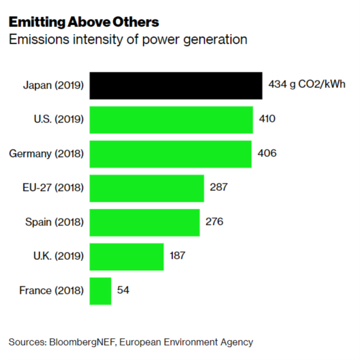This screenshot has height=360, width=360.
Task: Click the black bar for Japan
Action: click(175, 86)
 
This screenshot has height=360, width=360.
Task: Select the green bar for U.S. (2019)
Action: click(171, 120)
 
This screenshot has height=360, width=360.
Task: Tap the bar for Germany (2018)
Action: click(170, 154)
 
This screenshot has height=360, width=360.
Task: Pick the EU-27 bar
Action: click(147, 188)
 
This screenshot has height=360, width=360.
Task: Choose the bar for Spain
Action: click(144, 222)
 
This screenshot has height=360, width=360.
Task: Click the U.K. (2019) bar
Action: click(127, 256)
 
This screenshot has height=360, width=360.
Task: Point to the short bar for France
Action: click(100, 290)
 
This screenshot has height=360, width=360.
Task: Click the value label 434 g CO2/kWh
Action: click(307, 86)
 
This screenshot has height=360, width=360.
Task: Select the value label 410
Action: click(267, 120)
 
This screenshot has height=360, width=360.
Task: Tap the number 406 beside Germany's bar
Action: click(267, 154)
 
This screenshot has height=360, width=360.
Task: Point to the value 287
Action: click(220, 188)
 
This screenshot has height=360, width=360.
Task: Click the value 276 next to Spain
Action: click(215, 222)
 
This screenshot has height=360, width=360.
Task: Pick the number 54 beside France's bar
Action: click(123, 290)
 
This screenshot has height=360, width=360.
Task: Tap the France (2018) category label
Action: click(51, 290)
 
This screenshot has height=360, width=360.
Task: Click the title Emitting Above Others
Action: click(84, 22)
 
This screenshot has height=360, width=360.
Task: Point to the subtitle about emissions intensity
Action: click(128, 40)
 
